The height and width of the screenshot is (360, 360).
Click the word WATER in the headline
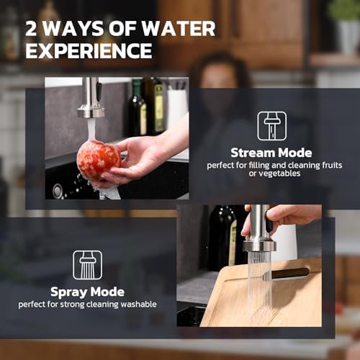[x=179, y=29]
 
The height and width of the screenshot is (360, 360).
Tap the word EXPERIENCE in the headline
[x=89, y=50]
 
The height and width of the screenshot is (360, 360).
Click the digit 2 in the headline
[x=31, y=29]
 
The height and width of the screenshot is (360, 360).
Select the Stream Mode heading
[x=271, y=153]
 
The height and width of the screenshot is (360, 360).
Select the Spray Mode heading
[x=87, y=292]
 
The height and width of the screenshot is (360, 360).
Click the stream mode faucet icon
[x=272, y=126]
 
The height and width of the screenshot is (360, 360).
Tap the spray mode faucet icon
[x=87, y=265]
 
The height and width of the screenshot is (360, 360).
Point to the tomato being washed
[x=99, y=160]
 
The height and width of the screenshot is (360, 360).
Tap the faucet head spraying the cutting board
[x=259, y=246]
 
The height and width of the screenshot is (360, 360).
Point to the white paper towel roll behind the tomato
[x=177, y=108]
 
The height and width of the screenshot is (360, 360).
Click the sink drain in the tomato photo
[x=57, y=192]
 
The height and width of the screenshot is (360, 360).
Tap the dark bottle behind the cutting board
[x=222, y=238]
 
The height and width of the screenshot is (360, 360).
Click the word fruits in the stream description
[x=332, y=165]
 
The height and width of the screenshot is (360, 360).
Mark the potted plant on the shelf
[x=345, y=27]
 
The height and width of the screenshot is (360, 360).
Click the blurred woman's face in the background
[x=220, y=74]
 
